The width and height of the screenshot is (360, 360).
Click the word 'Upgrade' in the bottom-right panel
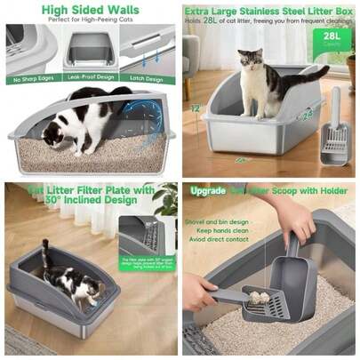coord(207,191)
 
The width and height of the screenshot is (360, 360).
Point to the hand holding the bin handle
coord(293,218)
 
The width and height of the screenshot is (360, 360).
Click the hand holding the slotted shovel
coord(197,292)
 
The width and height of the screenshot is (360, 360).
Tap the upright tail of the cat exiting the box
coord(44,252)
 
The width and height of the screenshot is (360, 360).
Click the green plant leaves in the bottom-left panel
coord(164,200)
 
